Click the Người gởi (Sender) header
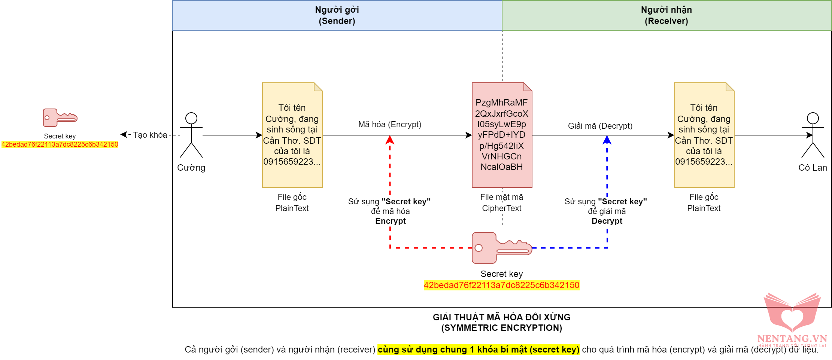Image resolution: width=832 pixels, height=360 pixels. pos(337,15)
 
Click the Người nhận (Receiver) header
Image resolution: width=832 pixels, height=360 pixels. pos(666,15)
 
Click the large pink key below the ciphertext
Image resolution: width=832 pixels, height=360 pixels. pos(501,248)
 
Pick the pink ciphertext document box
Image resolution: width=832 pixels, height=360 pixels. pos(502,135)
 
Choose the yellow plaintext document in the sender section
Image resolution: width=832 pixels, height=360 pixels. pos(292,135)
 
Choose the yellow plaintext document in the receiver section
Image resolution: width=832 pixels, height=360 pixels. pos(704,135)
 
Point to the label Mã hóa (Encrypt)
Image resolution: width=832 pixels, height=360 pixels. pos(390,124)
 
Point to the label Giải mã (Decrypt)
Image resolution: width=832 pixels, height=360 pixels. pos(600,126)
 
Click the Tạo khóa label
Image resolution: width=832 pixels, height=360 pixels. pos(150,135)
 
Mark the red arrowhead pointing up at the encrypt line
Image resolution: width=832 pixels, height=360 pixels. pos(390,140)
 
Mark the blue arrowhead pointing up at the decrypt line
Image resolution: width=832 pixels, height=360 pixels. pos(607,140)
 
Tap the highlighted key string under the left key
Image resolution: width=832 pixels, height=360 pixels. pos(60,144)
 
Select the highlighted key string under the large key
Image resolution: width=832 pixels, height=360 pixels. pos(501,285)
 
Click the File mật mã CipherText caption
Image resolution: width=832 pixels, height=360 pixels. pos(502,202)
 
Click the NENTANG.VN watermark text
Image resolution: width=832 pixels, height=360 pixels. pos(792,339)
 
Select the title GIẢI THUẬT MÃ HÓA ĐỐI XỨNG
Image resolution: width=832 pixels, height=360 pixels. pos(501,317)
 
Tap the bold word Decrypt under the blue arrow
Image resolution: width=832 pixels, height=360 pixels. pos(607,221)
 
